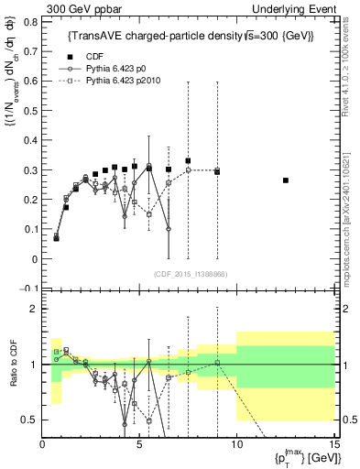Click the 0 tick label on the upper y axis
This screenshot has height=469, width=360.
pos(36,259)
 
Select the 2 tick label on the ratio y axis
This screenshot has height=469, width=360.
pos(36,309)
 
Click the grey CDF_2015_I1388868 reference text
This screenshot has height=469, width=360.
pos(189,274)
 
